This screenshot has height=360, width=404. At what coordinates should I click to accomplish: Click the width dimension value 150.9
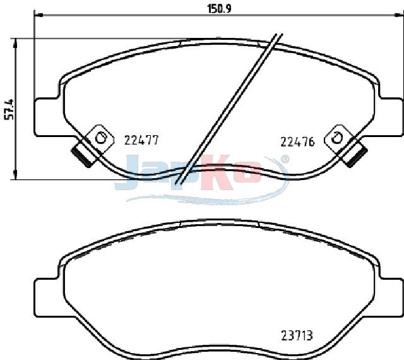pos(219,9)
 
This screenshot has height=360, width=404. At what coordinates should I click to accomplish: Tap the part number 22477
pos(141,140)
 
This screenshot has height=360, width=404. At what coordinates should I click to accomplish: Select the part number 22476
pos(297,142)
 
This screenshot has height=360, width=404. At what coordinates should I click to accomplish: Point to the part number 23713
pos(297,336)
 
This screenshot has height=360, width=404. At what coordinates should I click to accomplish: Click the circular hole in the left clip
pos(100,138)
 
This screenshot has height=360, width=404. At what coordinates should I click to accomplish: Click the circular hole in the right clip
pos(336,138)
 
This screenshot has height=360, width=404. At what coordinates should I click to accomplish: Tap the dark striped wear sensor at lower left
pos(83,156)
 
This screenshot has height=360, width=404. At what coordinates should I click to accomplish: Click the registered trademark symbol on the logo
pos(284,159)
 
